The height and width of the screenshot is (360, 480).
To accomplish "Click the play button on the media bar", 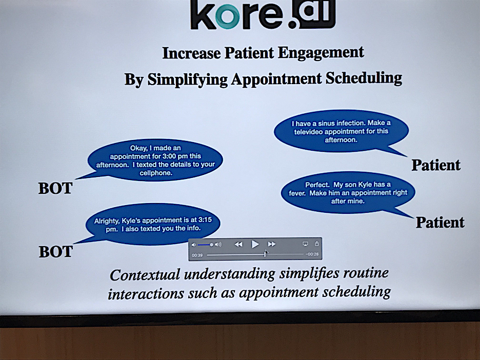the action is tap(255, 244).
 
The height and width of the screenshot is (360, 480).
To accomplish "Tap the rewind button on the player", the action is tap(238, 244).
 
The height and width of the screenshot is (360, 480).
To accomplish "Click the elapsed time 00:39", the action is tap(197, 255).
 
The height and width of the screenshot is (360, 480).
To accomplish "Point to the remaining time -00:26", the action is tap(312, 254).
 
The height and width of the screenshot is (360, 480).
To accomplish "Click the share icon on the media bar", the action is tap(317, 244).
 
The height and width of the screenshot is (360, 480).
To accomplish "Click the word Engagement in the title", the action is tap(321, 53).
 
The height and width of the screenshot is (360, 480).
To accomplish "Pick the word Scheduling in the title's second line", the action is tap(364, 78).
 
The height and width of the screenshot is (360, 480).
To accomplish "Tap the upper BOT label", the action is tap(55, 188).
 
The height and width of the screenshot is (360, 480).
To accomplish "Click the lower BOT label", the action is tap(56, 252).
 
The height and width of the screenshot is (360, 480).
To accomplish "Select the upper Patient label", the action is tap(436, 165).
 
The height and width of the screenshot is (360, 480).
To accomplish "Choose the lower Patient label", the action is tap(440, 222).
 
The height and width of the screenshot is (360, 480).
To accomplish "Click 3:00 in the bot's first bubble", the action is tap(171, 156).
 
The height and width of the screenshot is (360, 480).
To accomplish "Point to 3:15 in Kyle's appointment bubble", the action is tap(205, 220).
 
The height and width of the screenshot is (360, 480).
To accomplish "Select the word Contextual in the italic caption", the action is tap(145, 275).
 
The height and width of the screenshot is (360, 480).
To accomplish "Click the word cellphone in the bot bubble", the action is tap(156, 173).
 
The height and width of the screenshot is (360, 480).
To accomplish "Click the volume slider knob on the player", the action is tap(211, 245).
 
